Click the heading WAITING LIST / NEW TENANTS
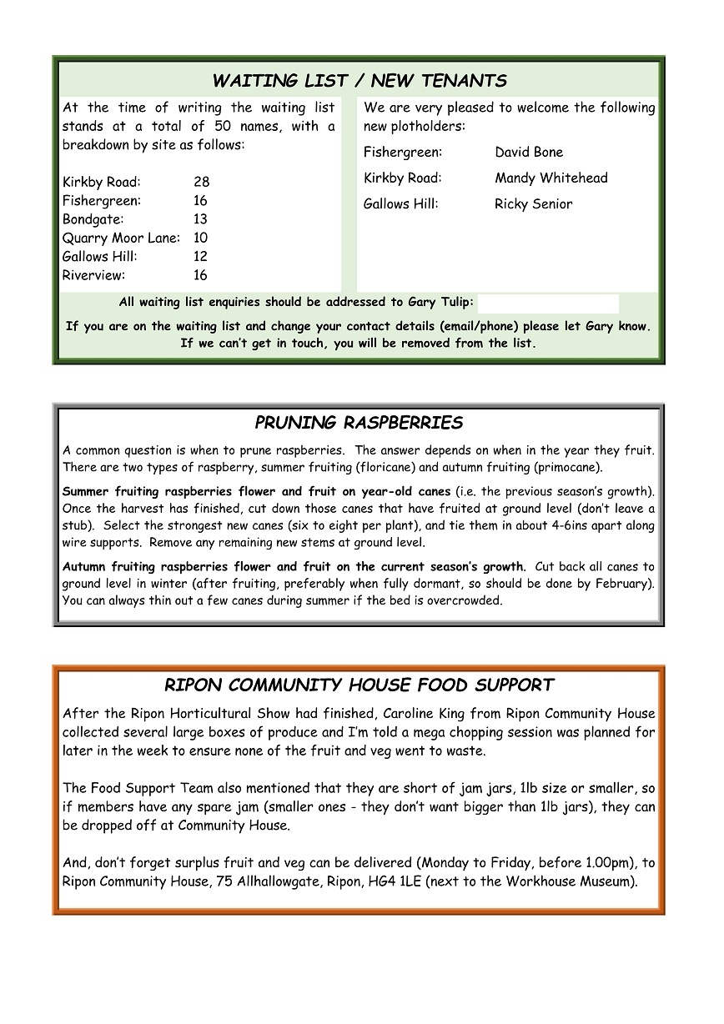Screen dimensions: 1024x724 [359, 81]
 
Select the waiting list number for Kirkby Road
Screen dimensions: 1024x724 [201, 182]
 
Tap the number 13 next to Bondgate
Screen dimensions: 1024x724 [200, 219]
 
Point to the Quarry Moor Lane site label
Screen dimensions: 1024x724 [121, 238]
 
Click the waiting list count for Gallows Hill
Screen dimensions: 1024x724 [200, 257]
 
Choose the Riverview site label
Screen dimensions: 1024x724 [93, 276]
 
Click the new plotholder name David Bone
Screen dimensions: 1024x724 [529, 153]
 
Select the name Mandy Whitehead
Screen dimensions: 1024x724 [551, 178]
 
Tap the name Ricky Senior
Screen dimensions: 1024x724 [534, 204]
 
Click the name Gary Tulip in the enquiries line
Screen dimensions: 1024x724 [440, 303]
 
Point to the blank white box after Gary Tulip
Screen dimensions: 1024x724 [548, 303]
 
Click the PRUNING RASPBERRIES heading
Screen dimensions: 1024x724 [359, 423]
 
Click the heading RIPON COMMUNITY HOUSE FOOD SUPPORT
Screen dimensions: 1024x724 [359, 685]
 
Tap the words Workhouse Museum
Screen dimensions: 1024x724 [565, 881]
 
